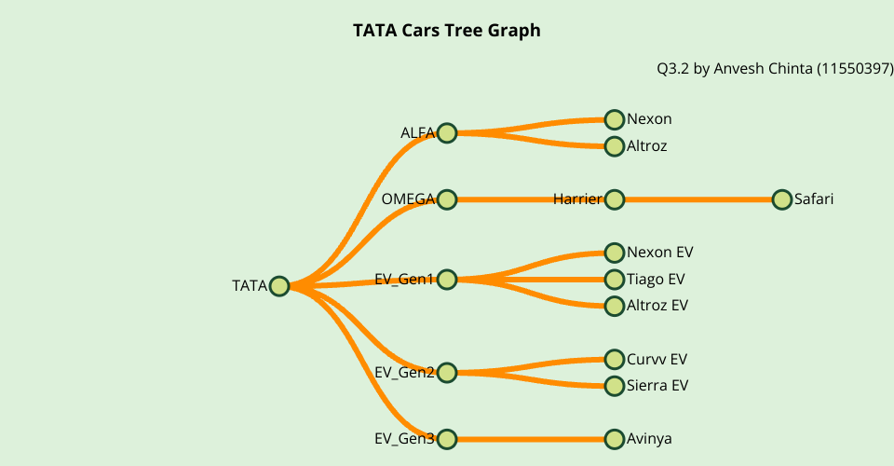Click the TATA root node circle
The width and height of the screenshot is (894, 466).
(279, 286)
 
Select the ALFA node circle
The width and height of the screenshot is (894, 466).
(447, 132)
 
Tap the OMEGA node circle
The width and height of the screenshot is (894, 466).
(447, 199)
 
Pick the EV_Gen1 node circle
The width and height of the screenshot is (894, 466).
(447, 280)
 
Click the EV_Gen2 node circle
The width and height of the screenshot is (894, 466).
(447, 373)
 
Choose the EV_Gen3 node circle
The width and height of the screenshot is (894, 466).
(447, 439)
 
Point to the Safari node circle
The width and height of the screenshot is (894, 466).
(782, 199)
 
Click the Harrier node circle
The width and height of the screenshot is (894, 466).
(615, 199)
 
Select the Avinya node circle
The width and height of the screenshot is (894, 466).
(615, 439)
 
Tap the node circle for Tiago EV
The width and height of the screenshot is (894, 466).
(615, 280)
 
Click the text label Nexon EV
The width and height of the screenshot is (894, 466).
(660, 253)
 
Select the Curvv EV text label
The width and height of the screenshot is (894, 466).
(657, 359)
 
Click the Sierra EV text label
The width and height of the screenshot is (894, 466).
(657, 386)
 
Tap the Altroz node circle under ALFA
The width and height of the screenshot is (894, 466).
(615, 146)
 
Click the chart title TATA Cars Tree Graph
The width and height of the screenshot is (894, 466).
(447, 31)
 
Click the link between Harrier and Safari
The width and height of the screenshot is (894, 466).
(698, 199)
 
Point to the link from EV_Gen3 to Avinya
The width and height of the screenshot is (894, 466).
(531, 439)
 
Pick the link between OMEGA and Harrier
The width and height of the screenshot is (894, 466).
(503, 199)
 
